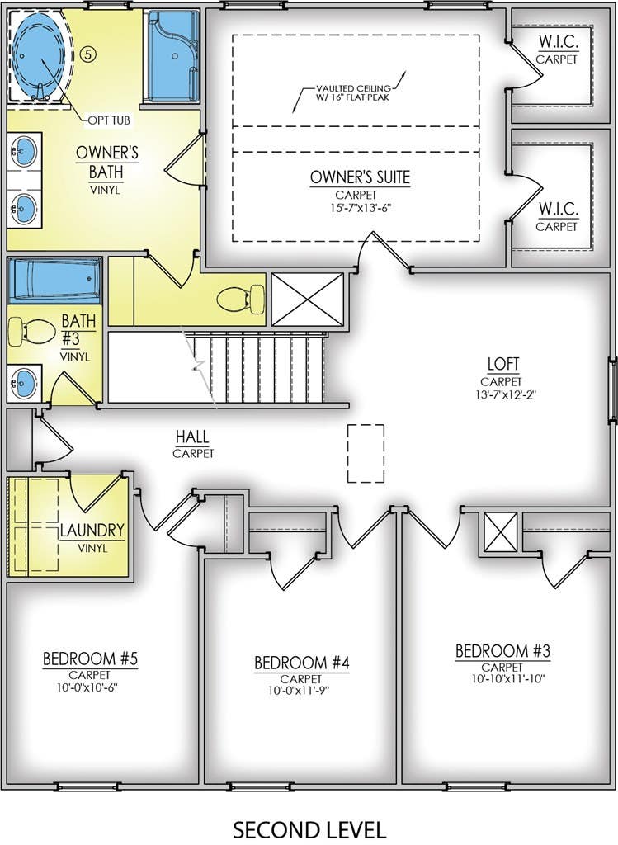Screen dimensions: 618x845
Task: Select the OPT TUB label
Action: click(109, 120)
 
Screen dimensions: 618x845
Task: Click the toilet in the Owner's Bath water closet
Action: click(241, 299)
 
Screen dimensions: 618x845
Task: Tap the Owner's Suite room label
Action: click(360, 177)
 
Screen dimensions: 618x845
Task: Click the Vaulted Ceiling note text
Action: click(353, 92)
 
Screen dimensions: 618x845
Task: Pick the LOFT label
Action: click(503, 364)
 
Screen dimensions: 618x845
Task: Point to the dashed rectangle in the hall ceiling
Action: click(366, 453)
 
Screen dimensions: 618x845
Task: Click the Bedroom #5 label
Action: click(91, 659)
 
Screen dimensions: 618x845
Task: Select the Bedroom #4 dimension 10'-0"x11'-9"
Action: click(301, 691)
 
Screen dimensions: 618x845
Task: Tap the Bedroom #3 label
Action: click(503, 651)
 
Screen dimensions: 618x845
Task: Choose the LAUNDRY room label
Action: click(92, 531)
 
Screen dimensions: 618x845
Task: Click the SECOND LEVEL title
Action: click(309, 829)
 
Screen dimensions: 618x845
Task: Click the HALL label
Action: click(192, 437)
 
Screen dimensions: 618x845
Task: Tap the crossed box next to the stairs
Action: click(307, 299)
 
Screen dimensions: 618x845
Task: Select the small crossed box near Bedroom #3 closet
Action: click(501, 532)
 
